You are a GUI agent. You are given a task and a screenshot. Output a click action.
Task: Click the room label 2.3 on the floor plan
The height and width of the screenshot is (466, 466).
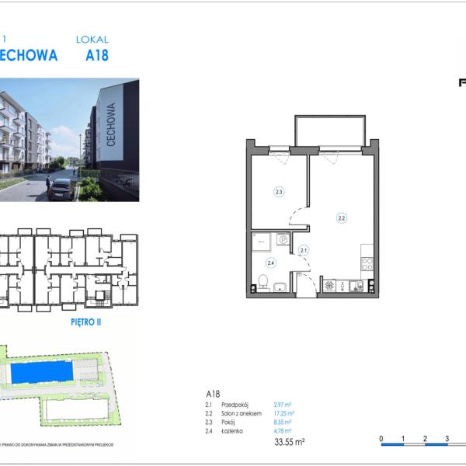point(278,191)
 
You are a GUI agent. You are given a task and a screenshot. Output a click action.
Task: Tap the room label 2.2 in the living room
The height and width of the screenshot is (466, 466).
point(341,218)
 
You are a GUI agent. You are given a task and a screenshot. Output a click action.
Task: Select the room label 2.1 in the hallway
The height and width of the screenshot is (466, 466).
point(304,249)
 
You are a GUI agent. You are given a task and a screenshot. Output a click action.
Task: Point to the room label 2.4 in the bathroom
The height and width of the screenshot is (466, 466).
point(271,263)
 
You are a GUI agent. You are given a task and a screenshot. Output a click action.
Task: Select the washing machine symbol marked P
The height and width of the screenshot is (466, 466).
point(283,240)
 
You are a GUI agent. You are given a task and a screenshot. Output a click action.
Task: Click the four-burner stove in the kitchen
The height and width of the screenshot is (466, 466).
point(367,263)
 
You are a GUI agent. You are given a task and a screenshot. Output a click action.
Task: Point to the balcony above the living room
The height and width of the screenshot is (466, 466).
point(329,130)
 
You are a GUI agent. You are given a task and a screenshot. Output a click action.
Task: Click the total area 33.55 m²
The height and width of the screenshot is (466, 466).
point(290,442)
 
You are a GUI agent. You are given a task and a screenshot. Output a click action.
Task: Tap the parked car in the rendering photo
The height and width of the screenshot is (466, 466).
point(61,188)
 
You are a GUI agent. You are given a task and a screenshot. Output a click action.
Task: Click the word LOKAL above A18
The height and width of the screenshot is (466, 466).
point(92,39)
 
